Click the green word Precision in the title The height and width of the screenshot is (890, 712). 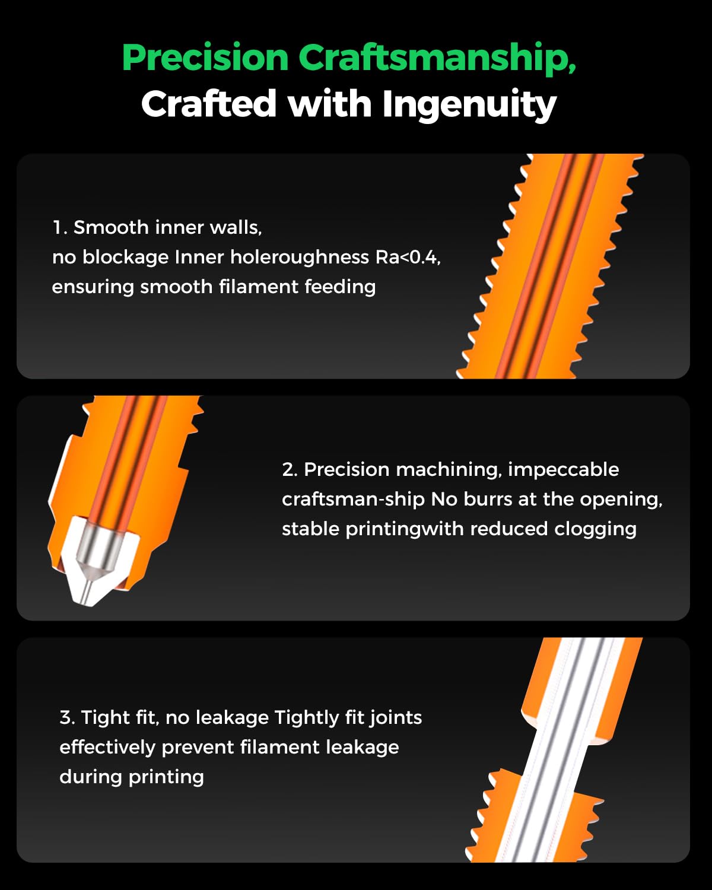(x=205, y=58)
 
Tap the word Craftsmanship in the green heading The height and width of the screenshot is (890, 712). (x=437, y=58)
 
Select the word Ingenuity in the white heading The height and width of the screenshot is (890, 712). (x=469, y=104)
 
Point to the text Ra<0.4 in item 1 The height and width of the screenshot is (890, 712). (x=407, y=258)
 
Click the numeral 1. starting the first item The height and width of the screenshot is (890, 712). (x=60, y=227)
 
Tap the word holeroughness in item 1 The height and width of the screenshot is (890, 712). (x=300, y=258)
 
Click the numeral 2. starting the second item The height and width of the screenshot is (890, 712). (x=289, y=470)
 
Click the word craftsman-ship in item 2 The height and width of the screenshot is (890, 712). (x=353, y=500)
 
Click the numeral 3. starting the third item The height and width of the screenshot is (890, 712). (x=68, y=717)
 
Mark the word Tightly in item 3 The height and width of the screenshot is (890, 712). (x=307, y=718)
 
